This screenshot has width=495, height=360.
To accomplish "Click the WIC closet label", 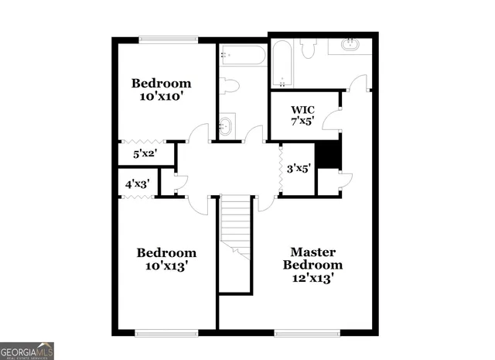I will pyautogui.click(x=302, y=109).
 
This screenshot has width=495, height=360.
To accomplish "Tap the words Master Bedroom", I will pyautogui.click(x=312, y=259).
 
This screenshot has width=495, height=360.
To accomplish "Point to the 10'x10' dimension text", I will pyautogui.click(x=160, y=97).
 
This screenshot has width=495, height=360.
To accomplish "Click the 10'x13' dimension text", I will pyautogui.click(x=166, y=266).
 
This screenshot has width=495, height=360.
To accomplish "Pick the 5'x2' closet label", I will pyautogui.click(x=145, y=153).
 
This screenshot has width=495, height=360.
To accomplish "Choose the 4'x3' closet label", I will pyautogui.click(x=137, y=184).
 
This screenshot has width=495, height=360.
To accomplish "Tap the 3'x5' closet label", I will pyautogui.click(x=298, y=168).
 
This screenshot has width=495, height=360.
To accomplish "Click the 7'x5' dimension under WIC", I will pyautogui.click(x=302, y=122).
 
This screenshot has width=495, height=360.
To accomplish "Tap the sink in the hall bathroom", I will pyautogui.click(x=226, y=126).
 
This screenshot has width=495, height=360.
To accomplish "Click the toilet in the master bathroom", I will pyautogui.click(x=307, y=49).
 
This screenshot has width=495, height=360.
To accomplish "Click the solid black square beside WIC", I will pyautogui.click(x=330, y=153).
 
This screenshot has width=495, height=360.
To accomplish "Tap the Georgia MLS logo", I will pyautogui.click(x=27, y=350).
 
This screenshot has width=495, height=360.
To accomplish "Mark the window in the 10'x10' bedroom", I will pyautogui.click(x=166, y=39).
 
